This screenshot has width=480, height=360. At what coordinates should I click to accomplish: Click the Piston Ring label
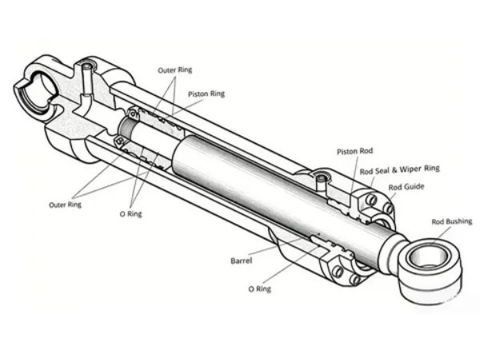point(206,94)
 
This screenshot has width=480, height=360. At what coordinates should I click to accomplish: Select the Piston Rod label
point(354,151)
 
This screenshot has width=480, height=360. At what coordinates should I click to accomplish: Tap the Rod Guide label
point(406,187)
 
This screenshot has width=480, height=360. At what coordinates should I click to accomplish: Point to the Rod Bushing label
point(452,222)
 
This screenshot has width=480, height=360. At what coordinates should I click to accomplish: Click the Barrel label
point(242,261)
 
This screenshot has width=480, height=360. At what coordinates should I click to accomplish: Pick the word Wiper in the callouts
point(410,170)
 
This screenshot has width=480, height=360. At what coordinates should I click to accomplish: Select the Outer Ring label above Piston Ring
point(174,70)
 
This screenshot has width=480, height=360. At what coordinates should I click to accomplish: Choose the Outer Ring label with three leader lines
point(66,205)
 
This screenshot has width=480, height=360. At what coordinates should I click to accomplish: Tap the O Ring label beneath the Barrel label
point(259,289)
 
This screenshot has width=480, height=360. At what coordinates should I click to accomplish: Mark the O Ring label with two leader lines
point(130,214)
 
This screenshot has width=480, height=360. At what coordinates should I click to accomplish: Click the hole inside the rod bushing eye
point(428,257)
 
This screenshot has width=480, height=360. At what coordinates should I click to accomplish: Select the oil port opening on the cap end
point(89,66)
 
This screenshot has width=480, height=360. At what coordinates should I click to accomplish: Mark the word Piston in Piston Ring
point(198,94)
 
